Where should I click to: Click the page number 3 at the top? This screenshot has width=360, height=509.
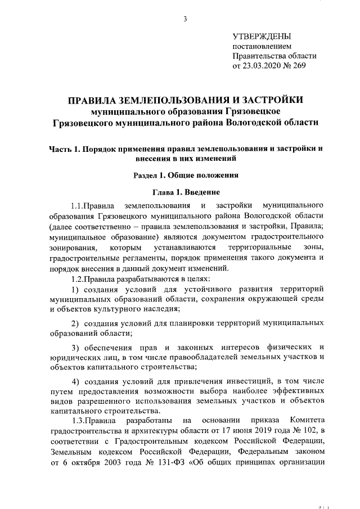pos(184,20)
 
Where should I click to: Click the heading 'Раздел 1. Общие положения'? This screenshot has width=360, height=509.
pos(183,175)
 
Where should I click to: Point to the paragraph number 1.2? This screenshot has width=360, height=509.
pos(76,280)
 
